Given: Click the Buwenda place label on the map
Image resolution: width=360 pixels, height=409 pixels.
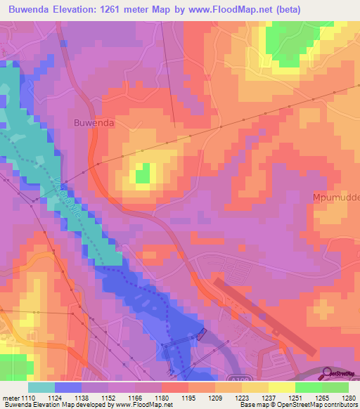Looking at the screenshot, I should (x=94, y=122).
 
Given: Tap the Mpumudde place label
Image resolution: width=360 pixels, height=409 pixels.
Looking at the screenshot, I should (x=335, y=198).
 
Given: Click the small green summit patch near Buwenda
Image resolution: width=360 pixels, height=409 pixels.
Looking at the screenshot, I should (x=143, y=172).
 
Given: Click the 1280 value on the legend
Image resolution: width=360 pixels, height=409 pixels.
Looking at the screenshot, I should (x=349, y=397).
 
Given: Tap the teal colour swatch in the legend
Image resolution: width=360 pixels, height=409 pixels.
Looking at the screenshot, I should (x=41, y=387).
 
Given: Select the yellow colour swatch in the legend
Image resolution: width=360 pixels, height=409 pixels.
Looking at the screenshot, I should (x=281, y=387).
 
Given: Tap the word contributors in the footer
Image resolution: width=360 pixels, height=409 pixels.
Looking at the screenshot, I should (x=339, y=405).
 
